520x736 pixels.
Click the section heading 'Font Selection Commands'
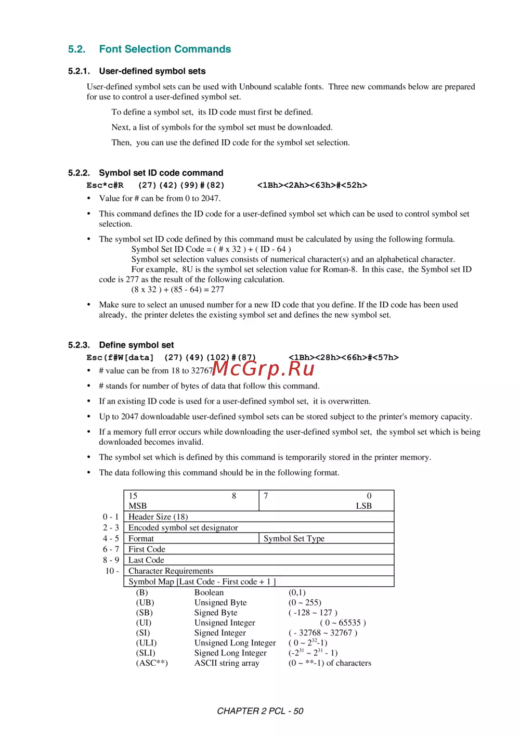165,49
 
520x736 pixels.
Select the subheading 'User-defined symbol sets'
152,71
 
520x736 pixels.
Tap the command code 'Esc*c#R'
105,185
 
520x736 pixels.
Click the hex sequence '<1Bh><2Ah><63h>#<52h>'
312,185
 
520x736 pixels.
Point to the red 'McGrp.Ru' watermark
264,368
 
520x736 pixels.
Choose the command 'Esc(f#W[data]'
120,357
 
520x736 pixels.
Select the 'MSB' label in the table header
138,506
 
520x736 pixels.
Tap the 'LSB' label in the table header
363,506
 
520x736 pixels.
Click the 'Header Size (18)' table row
158,517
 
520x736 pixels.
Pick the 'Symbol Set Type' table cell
294,538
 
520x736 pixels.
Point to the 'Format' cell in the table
141,538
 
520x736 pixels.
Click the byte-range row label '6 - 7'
111,549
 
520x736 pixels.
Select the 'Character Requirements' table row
171,571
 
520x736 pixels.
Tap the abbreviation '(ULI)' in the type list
146,643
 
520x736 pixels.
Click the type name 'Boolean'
209,592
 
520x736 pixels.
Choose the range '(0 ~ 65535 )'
343,623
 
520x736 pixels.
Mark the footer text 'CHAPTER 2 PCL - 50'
260,711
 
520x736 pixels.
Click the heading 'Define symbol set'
136,345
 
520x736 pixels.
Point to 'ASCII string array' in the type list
227,663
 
